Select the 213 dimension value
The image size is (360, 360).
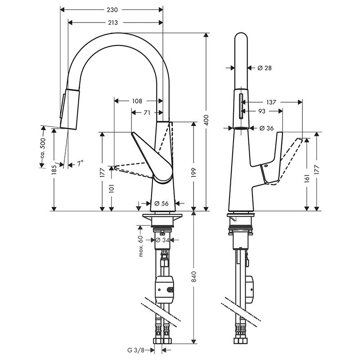coord(113,22)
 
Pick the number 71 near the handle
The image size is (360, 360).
coord(147,113)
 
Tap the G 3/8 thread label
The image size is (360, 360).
coord(135,349)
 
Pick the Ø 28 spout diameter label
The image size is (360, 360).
coord(265,68)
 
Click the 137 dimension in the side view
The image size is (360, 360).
coord(271,102)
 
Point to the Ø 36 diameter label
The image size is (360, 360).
coord(267,128)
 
